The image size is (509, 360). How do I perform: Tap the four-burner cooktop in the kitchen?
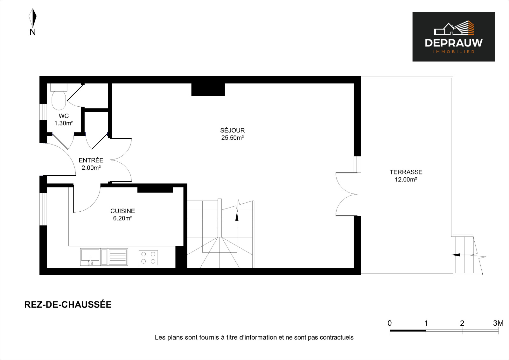click(x=148, y=258)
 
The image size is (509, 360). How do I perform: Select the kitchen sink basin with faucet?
click(x=90, y=257)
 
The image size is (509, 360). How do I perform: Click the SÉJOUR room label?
click(x=233, y=130)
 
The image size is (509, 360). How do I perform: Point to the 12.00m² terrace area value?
click(x=406, y=180)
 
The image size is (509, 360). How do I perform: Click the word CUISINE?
click(x=123, y=211)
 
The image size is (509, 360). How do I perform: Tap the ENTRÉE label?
click(x=91, y=160)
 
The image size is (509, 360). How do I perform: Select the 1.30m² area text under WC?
click(x=64, y=123)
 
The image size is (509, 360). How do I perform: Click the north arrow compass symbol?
click(x=33, y=18)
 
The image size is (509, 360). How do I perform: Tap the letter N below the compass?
click(x=33, y=32)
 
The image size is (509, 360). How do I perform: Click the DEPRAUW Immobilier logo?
click(x=454, y=37)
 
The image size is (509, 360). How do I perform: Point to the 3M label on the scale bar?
click(x=498, y=323)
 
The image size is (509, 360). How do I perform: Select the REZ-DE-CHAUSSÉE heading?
click(x=68, y=305)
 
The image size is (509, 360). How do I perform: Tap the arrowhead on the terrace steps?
click(x=456, y=255)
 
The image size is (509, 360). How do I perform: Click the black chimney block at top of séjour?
click(x=208, y=89)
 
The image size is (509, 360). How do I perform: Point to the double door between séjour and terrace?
click(x=346, y=194)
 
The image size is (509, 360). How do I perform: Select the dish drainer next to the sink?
click(x=118, y=257)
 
